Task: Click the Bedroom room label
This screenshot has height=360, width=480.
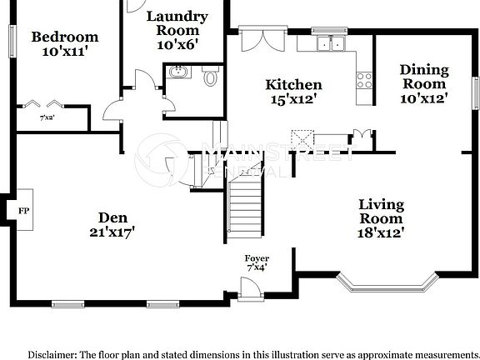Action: [64, 37]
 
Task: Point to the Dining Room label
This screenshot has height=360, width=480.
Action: [424, 77]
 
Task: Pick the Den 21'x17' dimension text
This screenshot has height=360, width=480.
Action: [112, 229]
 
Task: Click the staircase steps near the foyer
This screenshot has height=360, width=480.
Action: [245, 212]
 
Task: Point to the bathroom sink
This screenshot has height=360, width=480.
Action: [177, 73]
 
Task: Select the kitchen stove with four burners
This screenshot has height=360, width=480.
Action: [364, 81]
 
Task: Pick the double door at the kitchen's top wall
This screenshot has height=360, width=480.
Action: [254, 39]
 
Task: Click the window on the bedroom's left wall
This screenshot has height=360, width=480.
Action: [11, 37]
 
